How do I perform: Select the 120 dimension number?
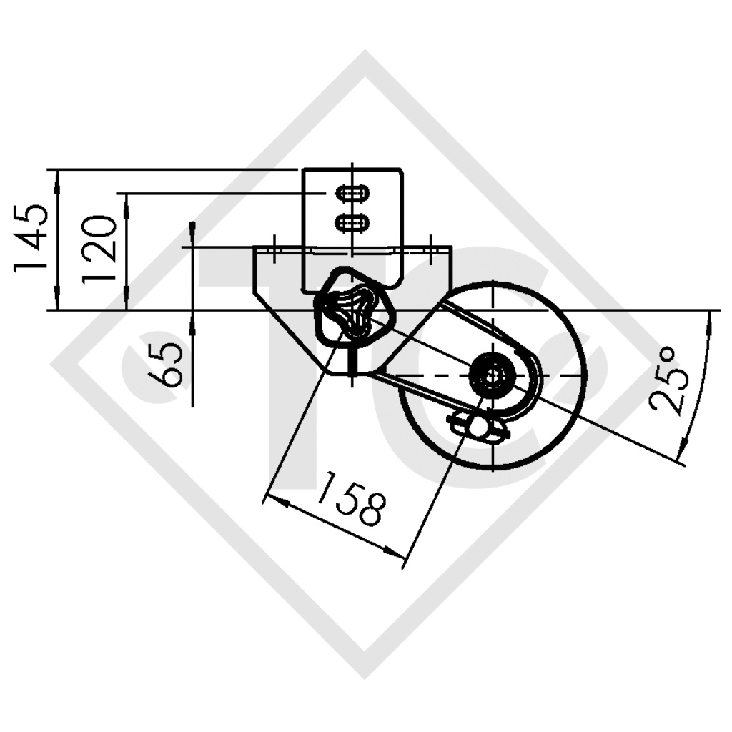99,249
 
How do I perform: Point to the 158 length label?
350,498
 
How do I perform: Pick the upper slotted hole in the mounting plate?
352,194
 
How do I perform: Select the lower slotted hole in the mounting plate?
352,223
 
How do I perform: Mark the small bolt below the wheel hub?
477,428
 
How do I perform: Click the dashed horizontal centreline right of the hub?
550,376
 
